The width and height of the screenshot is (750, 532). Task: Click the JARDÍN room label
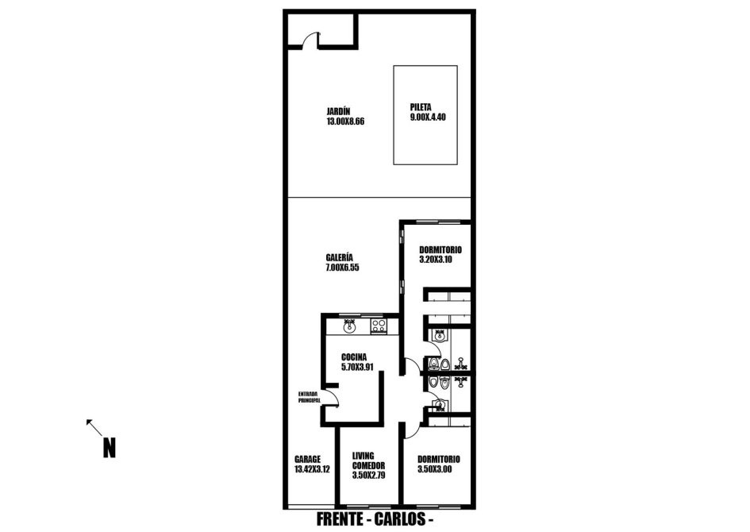(x=338, y=111)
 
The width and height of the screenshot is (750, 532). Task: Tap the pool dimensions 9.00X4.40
(x=428, y=117)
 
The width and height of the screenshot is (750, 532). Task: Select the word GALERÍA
(x=340, y=257)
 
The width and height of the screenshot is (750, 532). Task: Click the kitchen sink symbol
(x=350, y=326)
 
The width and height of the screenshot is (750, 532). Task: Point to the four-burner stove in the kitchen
(x=379, y=326)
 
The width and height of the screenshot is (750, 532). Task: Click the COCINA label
(x=354, y=357)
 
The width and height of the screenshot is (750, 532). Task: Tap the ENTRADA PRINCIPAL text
(x=309, y=397)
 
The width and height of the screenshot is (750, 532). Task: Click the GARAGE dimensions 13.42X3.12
(x=312, y=469)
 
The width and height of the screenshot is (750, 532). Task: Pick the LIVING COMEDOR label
(x=368, y=461)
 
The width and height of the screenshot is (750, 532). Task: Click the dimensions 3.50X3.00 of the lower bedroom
(x=434, y=469)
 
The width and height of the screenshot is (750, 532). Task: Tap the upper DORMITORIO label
(x=440, y=250)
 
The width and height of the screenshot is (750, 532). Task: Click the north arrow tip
(x=87, y=421)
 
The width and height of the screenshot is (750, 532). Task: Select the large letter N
(x=109, y=449)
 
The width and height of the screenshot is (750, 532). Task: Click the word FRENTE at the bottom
(x=340, y=519)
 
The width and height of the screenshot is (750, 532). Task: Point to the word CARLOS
(x=400, y=519)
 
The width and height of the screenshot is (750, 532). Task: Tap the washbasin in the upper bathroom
(x=439, y=336)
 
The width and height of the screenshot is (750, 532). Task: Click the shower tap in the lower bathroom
(x=460, y=381)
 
